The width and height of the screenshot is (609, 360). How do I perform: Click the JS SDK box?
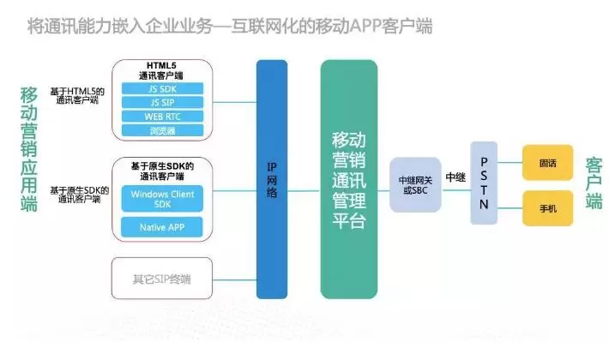point(161,88)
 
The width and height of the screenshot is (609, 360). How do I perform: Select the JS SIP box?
point(161,102)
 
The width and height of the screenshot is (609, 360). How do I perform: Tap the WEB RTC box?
point(161,116)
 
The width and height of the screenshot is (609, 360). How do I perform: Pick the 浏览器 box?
point(161,130)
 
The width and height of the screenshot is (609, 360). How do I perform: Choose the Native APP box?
point(161,227)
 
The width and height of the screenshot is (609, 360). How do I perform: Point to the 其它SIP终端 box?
point(161,278)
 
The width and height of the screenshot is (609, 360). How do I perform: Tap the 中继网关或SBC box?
point(415,184)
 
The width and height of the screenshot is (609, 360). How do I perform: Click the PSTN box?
point(483,183)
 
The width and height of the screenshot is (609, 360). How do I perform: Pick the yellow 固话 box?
point(547,162)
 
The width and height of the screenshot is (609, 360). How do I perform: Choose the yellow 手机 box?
point(547,208)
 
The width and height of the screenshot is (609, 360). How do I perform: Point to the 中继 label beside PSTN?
point(455,177)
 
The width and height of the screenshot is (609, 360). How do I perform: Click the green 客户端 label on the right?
point(594,183)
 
